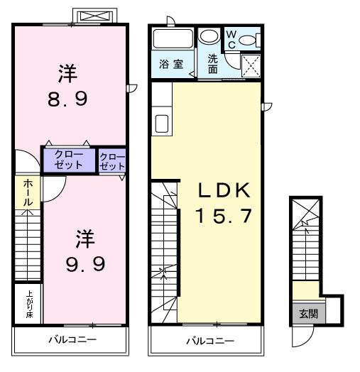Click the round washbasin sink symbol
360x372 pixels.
[x=209, y=37]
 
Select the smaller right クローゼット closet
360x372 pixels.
[x=111, y=161]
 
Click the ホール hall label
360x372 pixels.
[x=27, y=192]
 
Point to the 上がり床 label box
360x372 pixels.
[x=28, y=304]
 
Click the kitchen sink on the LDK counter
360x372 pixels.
[x=161, y=124]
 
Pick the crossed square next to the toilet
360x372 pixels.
[x=251, y=65]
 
